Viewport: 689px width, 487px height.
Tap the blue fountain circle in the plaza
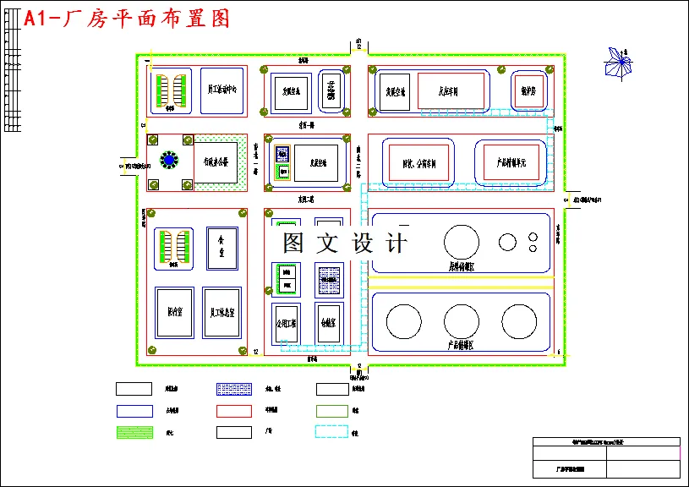(170, 159)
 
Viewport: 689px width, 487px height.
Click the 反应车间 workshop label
(449, 92)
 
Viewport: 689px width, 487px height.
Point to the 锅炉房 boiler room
(529, 90)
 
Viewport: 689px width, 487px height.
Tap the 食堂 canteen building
(222, 247)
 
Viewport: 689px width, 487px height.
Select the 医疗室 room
(175, 313)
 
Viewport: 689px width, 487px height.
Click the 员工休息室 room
(222, 313)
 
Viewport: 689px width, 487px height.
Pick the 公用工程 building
(286, 322)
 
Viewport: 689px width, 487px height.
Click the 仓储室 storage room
(329, 322)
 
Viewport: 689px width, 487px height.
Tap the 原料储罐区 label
(461, 267)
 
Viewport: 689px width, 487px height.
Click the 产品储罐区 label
(460, 345)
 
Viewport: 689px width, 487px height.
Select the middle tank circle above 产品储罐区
(461, 321)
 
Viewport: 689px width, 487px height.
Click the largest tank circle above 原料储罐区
(462, 242)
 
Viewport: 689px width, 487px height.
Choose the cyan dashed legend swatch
(331, 432)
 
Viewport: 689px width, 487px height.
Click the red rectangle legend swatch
(234, 411)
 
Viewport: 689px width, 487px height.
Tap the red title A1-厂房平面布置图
(127, 19)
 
